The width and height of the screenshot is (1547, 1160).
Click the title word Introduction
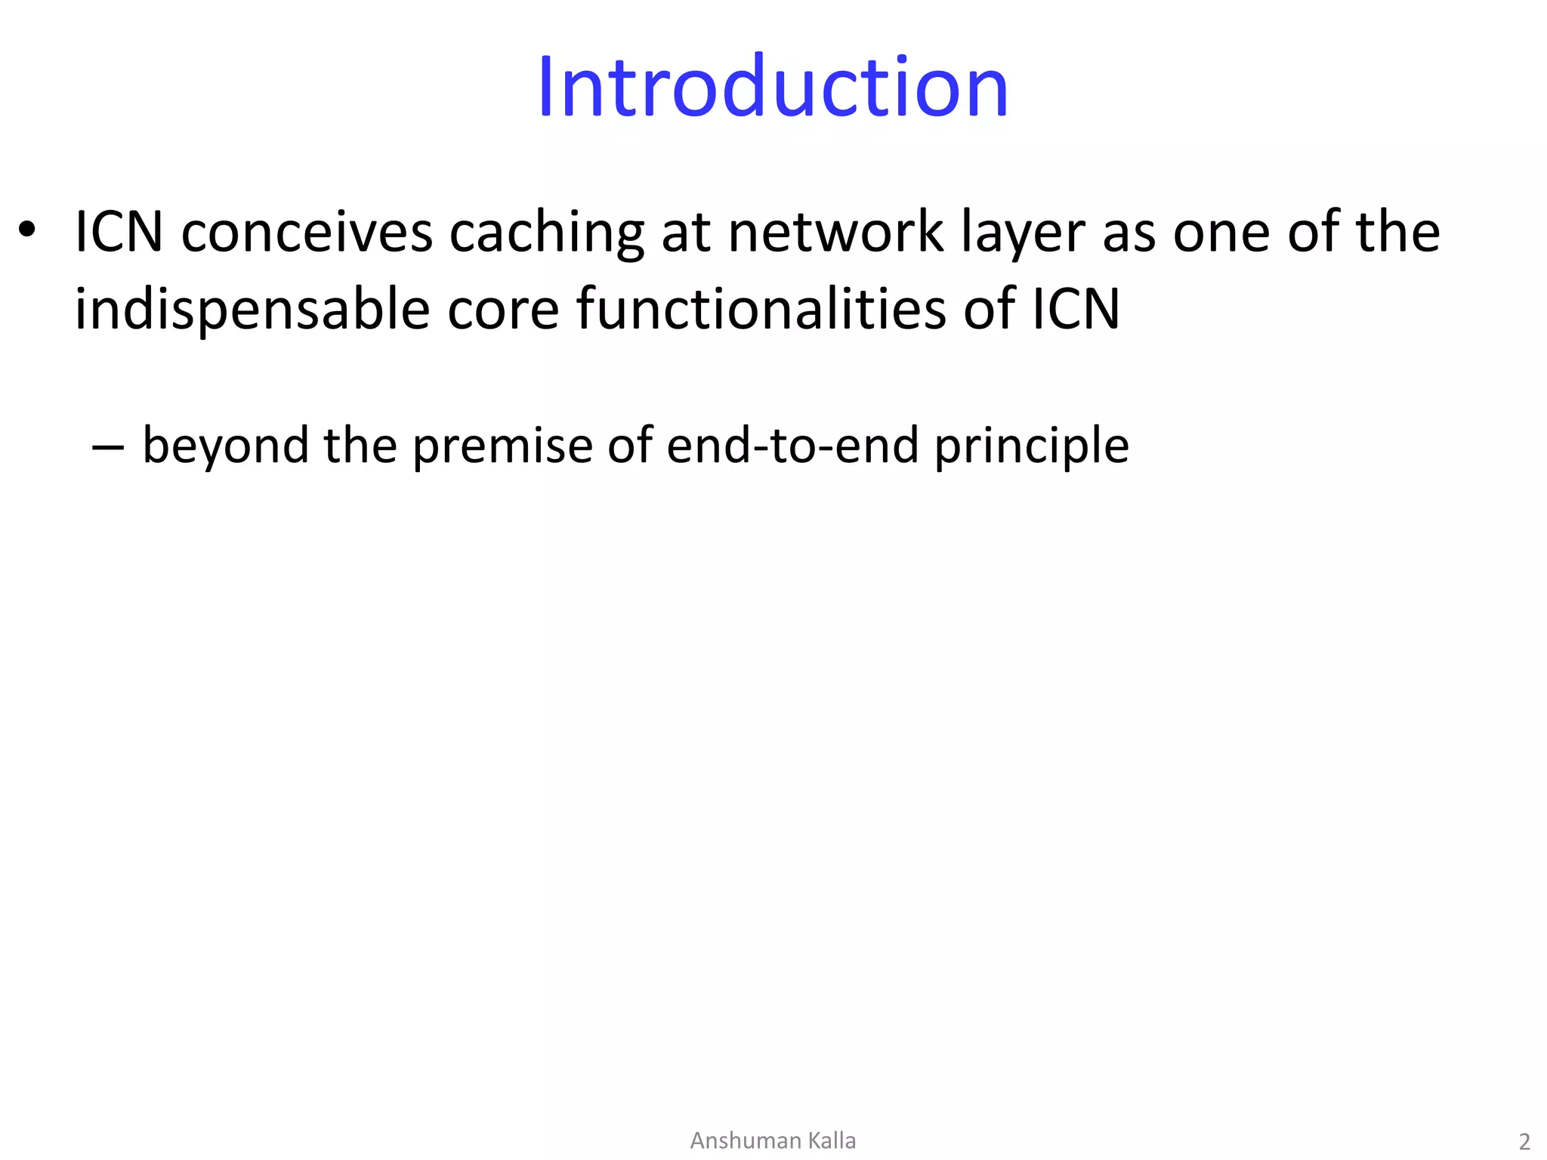773,87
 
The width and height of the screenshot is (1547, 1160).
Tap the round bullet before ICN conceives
27,230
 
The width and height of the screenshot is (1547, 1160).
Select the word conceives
306,232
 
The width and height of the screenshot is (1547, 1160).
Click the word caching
546,233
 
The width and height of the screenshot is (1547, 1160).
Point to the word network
835,232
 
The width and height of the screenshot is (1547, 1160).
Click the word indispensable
252,310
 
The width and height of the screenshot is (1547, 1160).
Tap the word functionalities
761,310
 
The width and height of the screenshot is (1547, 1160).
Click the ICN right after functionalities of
1076,310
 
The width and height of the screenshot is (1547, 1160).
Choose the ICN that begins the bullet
119,232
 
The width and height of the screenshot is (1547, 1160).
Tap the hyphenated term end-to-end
792,446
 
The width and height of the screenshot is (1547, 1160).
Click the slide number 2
1524,1141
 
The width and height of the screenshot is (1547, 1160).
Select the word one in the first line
1221,233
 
